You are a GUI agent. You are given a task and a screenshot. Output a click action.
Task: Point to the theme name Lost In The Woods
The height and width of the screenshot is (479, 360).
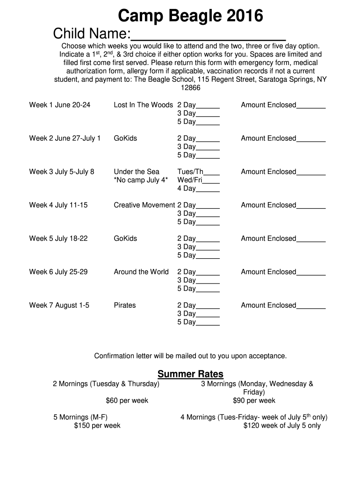click(143, 105)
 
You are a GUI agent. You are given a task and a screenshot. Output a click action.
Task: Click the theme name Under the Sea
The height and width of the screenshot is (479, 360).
click(137, 172)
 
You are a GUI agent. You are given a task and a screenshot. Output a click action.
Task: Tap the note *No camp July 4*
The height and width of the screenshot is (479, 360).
click(141, 180)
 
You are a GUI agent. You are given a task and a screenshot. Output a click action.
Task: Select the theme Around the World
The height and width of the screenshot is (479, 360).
click(141, 272)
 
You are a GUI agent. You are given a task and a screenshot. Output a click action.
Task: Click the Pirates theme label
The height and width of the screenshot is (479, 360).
click(125, 305)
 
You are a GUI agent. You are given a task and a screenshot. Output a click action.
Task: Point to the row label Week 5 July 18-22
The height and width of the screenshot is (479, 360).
click(58, 239)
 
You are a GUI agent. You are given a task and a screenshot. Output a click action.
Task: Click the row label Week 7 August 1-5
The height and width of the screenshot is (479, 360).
click(59, 305)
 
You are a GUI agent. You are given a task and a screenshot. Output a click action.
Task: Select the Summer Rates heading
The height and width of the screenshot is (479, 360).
click(190, 374)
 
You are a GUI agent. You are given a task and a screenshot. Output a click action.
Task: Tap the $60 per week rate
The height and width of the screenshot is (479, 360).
click(127, 400)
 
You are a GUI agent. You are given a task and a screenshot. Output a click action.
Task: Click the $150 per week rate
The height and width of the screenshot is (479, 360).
click(97, 426)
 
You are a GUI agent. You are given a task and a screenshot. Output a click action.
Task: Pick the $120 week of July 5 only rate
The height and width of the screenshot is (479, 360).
click(282, 426)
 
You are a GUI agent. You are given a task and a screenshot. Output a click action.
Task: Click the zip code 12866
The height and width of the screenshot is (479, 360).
click(190, 88)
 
